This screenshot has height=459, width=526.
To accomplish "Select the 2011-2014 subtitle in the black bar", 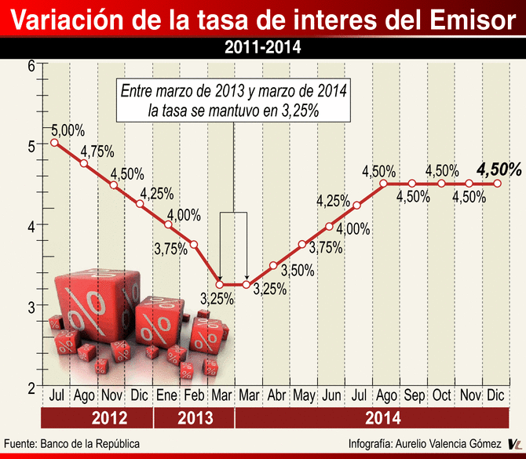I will coord(262,48).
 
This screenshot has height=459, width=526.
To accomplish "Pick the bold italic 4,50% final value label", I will coord(499,169).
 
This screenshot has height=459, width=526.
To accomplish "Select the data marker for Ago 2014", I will coord(384,184).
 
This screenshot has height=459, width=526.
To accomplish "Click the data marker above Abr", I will coord(273,265).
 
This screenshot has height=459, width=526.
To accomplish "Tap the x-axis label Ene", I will coord(167,395).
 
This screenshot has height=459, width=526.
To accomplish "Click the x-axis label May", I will coord(302,395).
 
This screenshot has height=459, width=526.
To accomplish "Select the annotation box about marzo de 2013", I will coord(234,100).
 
